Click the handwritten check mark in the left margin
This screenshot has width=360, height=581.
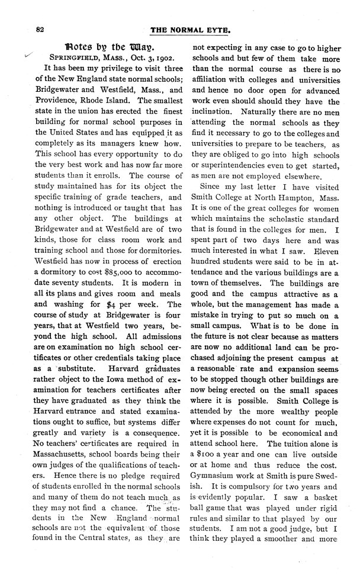tap(22, 54)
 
